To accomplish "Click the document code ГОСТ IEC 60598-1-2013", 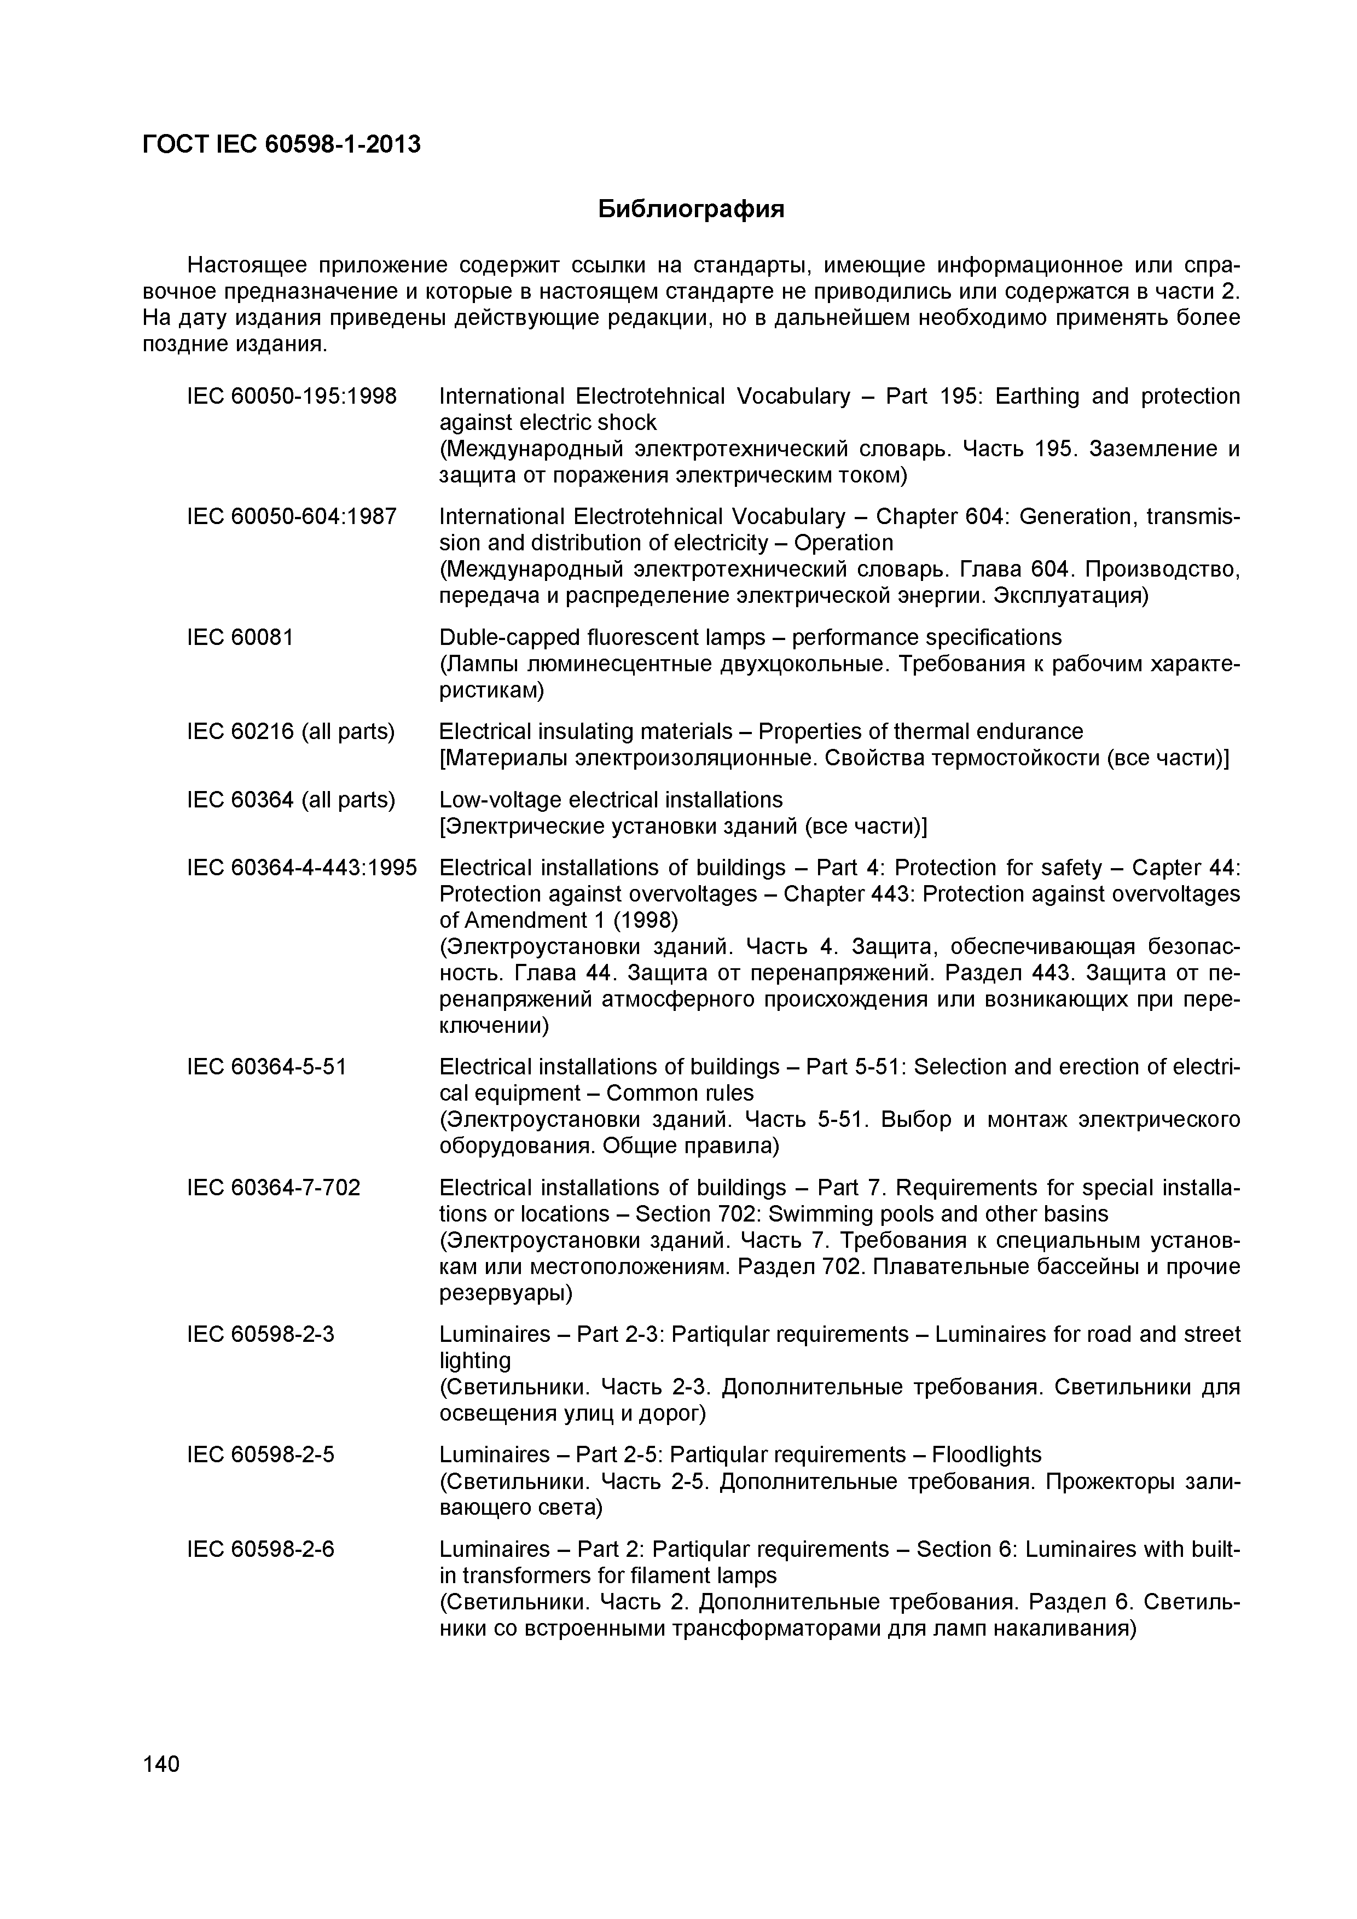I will (x=282, y=144).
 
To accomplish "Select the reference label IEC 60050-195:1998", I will (x=292, y=396).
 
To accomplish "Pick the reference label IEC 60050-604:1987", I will (x=292, y=516).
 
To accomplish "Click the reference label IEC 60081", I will (x=241, y=638).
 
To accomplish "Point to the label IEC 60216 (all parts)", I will (x=290, y=731).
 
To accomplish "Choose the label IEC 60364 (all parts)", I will (x=290, y=800).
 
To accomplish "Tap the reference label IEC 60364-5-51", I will (x=266, y=1067).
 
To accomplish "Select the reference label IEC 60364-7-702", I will (x=274, y=1188).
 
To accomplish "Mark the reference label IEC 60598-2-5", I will (x=260, y=1455).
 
